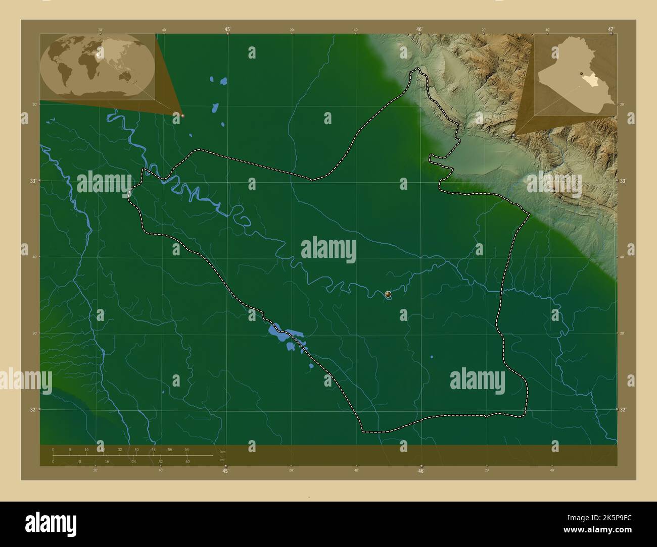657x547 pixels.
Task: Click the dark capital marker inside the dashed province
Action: coord(388,294)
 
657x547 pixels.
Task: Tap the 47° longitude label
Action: coord(612,29)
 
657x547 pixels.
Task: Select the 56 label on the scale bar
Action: coord(170,449)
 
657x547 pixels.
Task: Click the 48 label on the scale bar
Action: coord(153,449)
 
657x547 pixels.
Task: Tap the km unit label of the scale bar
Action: coord(222,451)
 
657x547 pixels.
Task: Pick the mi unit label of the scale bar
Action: coord(222,460)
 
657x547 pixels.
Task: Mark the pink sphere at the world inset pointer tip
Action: coord(182,116)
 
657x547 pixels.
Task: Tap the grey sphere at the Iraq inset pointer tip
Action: coord(513,136)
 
